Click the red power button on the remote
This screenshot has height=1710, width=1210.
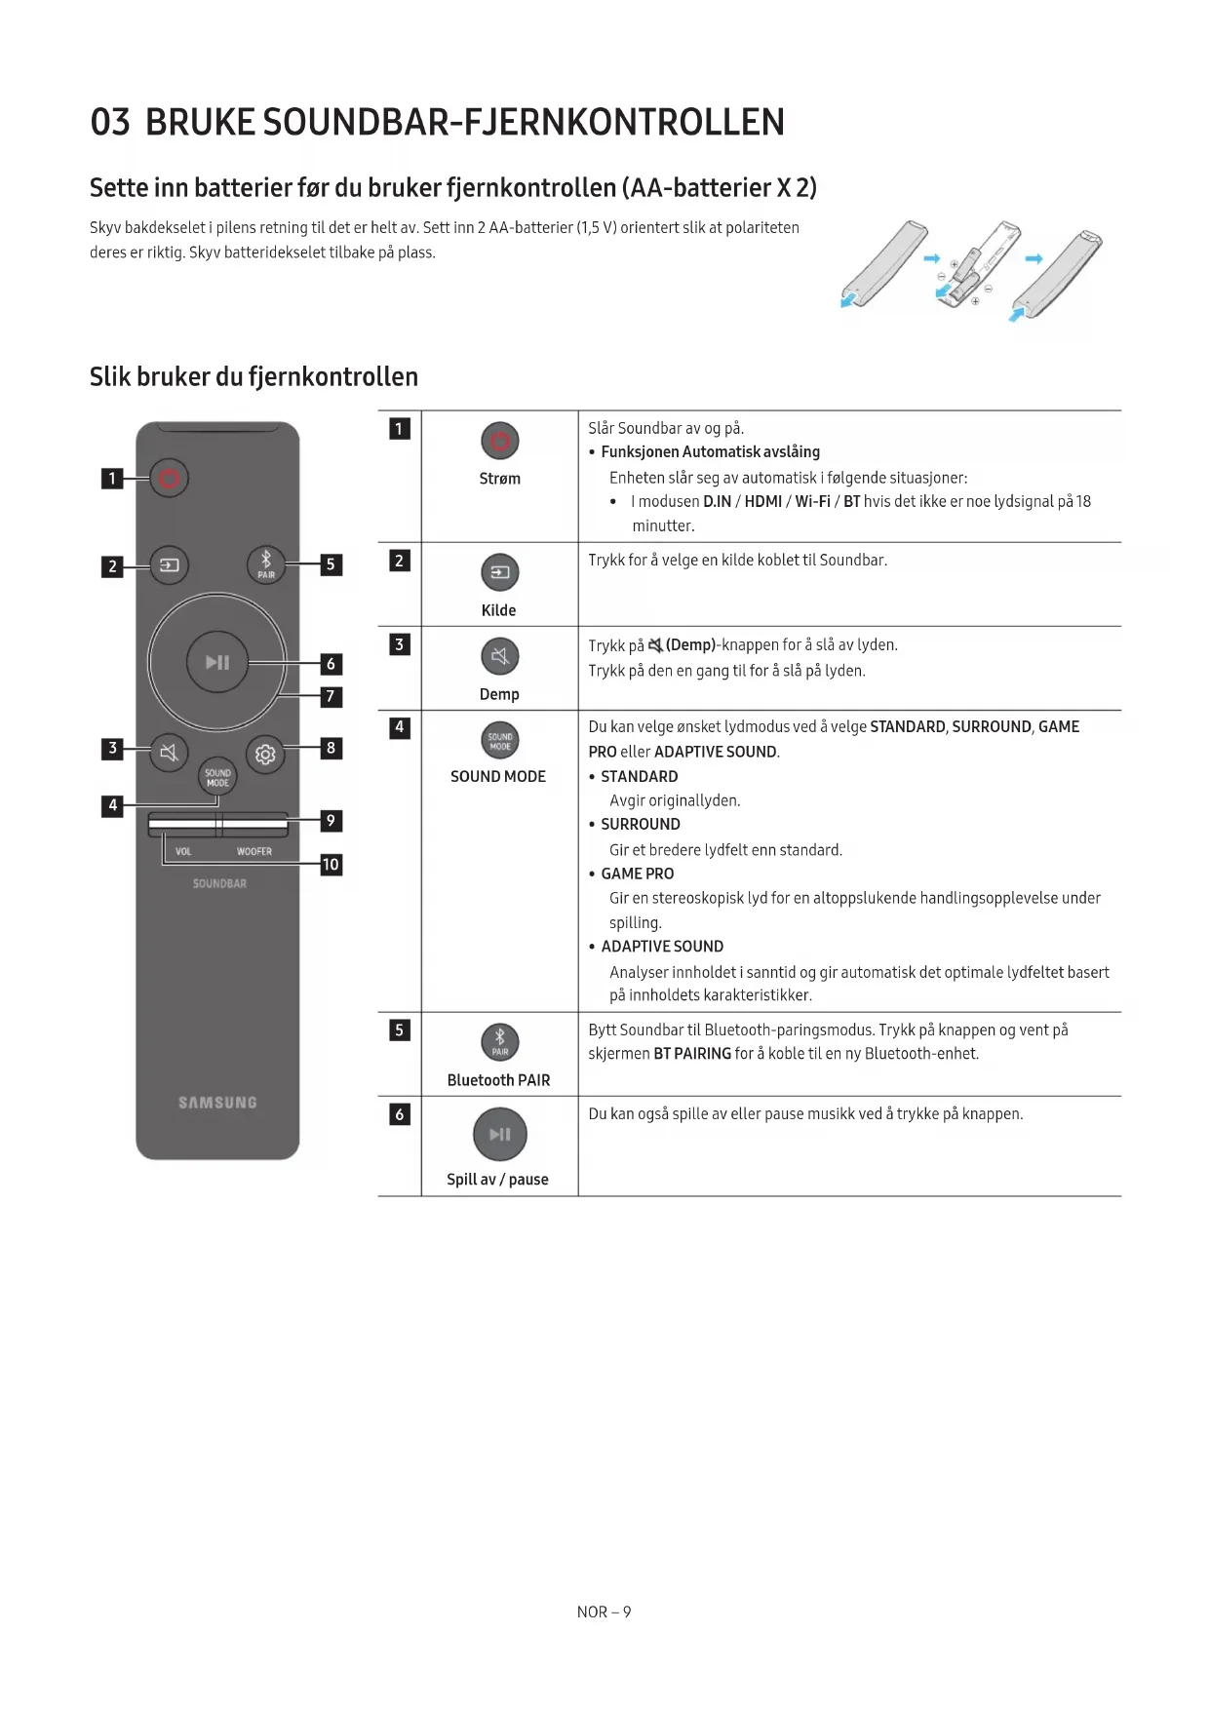[x=169, y=478]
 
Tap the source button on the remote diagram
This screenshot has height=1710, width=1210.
[x=169, y=565]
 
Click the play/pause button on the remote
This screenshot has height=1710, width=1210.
[x=217, y=663]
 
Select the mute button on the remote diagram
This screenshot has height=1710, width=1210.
[x=169, y=753]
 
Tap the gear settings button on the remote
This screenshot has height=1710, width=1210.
[x=265, y=754]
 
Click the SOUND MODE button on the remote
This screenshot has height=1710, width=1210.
[x=217, y=777]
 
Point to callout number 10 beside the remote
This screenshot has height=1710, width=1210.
[x=332, y=865]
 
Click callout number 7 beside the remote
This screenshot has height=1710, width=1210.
[x=332, y=696]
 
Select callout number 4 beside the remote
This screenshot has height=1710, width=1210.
[x=113, y=805]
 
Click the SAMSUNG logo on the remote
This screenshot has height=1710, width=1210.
[x=217, y=1103]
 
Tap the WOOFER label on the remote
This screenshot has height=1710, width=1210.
[x=254, y=852]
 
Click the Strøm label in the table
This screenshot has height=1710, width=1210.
[x=499, y=479]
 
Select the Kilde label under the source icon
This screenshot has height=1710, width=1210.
[x=498, y=610]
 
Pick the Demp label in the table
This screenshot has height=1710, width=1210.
[x=499, y=694]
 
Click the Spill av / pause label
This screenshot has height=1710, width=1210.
[x=497, y=1180]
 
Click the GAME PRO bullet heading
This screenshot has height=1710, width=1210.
[x=637, y=874]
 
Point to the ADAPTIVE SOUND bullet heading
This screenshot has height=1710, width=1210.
[x=662, y=947]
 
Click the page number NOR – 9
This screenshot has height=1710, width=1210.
[x=604, y=1613]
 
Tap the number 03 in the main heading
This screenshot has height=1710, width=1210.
[x=110, y=123]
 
